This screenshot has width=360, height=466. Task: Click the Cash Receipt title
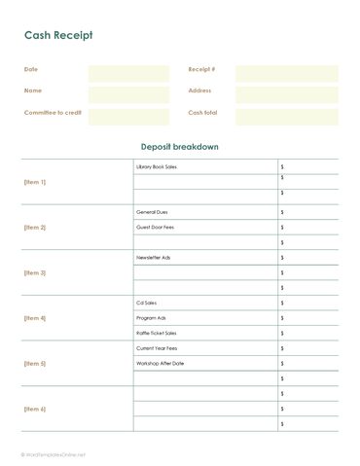click(x=58, y=35)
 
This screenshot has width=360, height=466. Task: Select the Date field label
click(x=31, y=70)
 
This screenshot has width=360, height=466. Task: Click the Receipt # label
click(x=201, y=70)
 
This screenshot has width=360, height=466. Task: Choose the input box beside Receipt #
click(x=286, y=74)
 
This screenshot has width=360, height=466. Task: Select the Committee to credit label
click(x=53, y=113)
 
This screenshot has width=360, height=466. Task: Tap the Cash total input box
click(x=286, y=117)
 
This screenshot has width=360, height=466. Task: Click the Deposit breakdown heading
click(x=180, y=147)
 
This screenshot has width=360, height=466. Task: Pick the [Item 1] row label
click(x=35, y=182)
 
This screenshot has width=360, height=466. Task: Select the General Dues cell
click(x=152, y=211)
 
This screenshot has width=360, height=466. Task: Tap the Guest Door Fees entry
click(x=155, y=227)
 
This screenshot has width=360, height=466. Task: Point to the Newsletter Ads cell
click(x=154, y=258)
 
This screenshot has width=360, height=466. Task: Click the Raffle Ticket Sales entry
click(x=157, y=333)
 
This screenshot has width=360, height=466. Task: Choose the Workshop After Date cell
click(x=161, y=363)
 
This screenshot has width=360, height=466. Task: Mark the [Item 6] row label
click(x=35, y=409)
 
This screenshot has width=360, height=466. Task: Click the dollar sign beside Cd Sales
click(x=282, y=303)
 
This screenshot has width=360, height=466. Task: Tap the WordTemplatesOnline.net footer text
click(x=56, y=454)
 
